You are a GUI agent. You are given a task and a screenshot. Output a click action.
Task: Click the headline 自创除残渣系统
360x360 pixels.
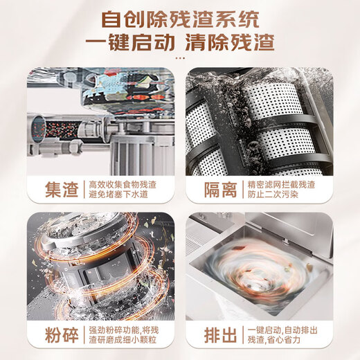coord(180,17)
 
